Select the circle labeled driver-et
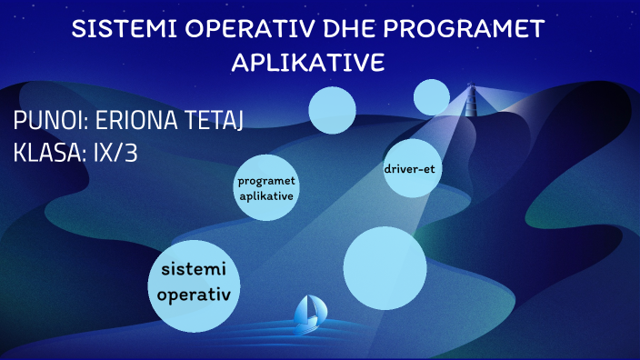point(413,168)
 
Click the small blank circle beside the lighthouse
point(432,97)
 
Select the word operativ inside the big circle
point(199,295)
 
